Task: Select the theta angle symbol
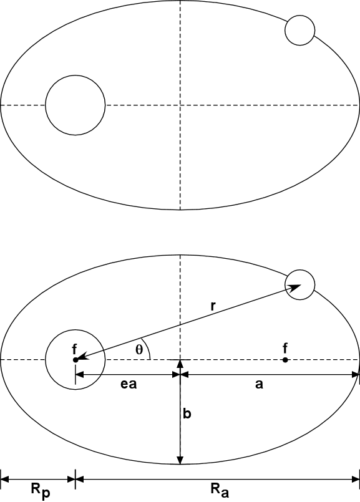tap(139, 350)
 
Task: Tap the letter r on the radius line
tap(213, 306)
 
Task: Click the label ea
tap(129, 384)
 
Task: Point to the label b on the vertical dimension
tap(187, 413)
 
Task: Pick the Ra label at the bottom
tap(220, 490)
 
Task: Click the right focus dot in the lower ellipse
tap(285, 360)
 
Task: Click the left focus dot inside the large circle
tap(75, 360)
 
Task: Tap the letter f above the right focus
tap(285, 348)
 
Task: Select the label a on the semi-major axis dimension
tap(259, 384)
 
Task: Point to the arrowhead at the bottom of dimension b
tap(180, 460)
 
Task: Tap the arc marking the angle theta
tap(147, 349)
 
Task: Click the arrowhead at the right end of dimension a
tap(355, 375)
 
